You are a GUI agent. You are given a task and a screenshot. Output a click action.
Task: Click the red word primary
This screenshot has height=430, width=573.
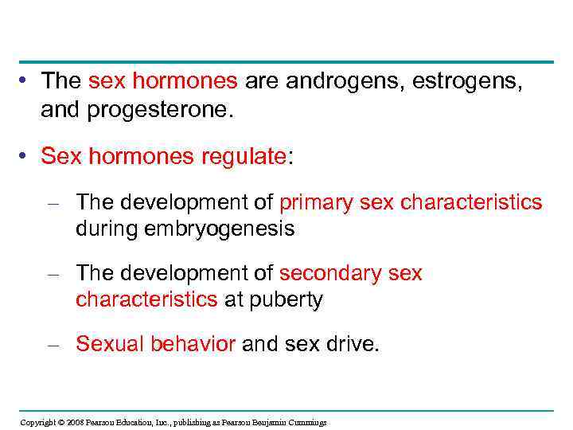pos(316,202)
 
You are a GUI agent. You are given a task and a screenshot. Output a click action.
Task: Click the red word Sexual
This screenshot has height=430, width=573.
pos(111,343)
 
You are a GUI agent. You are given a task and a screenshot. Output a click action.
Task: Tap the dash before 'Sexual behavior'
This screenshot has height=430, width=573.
pos(53,344)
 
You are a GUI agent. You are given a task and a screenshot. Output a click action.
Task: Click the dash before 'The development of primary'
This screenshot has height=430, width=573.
pos(53,203)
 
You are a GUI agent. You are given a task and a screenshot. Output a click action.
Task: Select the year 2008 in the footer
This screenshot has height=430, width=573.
pos(74,422)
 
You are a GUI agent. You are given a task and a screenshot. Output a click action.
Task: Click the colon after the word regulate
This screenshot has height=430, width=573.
pos(290,157)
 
